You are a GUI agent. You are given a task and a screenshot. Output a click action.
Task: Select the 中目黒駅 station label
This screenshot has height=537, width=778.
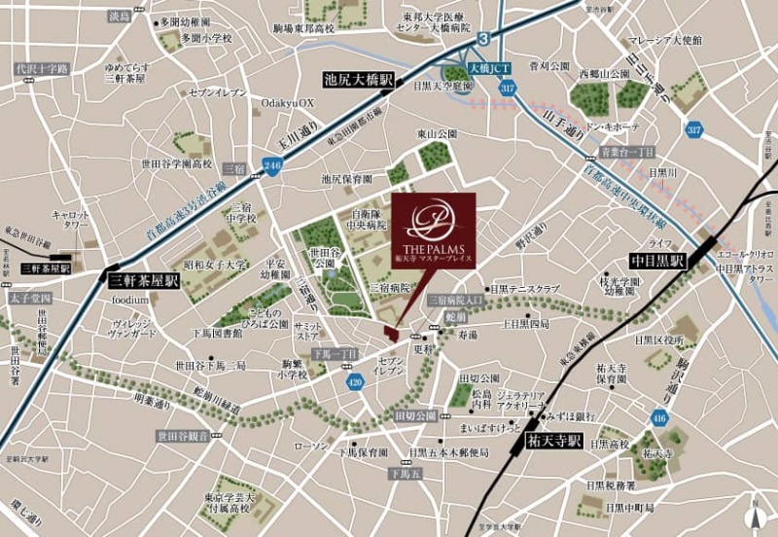pos(657,262)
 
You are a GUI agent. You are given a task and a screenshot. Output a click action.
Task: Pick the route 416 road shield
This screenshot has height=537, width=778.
pos(660,418)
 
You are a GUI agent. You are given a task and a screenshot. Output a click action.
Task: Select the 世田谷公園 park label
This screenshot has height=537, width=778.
pos(325,257)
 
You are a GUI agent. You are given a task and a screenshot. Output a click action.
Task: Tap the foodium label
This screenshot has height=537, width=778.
pos(129,300)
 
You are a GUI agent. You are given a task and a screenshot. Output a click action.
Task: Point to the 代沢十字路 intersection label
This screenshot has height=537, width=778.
pos(41,69)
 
